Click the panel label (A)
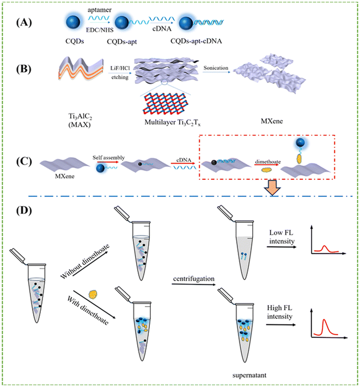pos(24,22)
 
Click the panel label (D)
pos(24,210)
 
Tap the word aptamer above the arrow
pos(100,10)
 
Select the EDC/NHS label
pos(100,30)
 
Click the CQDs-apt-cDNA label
pos(196,41)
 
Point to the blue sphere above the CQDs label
pos(73,22)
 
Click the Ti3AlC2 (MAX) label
pos(80,120)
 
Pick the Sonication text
pos(216,68)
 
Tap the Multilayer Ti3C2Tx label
pos(172,123)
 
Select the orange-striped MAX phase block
pos(81,68)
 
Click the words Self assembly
pos(108,158)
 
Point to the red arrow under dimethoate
pos(266,165)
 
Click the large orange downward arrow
pos(272,188)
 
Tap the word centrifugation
pos(193,279)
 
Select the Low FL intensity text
pos(282,237)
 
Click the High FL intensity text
pos(279,312)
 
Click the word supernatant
pos(249,375)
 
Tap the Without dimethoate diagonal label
pos(84,262)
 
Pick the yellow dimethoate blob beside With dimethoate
pos(93,294)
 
